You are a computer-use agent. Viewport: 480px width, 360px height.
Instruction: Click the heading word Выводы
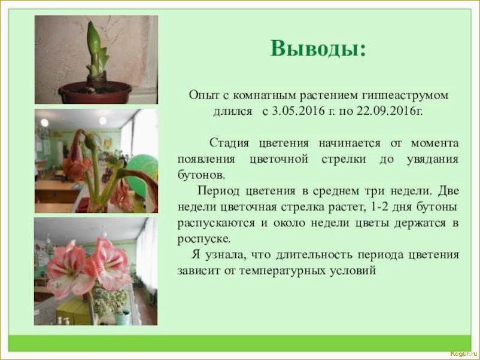pyautogui.click(x=317, y=48)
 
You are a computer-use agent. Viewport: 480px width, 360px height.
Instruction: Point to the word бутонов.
pyautogui.click(x=200, y=175)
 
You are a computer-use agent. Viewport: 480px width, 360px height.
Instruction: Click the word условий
pyautogui.click(x=358, y=270)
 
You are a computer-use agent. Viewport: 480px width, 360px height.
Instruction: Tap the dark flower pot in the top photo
pyautogui.click(x=95, y=92)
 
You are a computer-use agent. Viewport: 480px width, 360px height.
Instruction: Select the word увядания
pyautogui.click(x=435, y=159)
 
